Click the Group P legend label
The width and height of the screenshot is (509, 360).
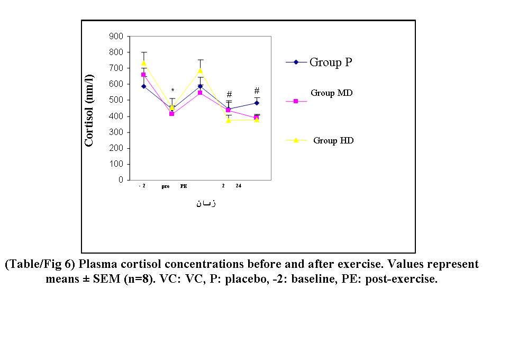(331, 62)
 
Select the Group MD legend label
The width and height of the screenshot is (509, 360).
(332, 93)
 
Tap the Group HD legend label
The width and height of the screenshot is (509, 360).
(333, 141)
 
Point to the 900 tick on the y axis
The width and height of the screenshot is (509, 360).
(117, 37)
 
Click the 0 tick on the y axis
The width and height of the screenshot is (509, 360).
(121, 180)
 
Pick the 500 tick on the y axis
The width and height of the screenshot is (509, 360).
(117, 100)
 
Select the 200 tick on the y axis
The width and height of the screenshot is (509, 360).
(117, 148)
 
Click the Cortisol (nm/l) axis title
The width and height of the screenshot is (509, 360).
(89, 109)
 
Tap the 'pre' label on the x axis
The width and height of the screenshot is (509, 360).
(166, 186)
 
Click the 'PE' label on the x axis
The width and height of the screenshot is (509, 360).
(184, 186)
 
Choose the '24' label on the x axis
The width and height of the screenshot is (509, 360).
(239, 186)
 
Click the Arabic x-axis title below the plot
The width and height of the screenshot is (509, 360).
(206, 203)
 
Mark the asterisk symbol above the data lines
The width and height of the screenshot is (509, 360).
(172, 91)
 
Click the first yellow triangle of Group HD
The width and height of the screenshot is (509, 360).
(143, 63)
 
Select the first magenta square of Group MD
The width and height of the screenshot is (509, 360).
(143, 75)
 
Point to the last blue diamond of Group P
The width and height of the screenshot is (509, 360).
(257, 103)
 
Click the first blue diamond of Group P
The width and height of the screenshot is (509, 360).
(143, 86)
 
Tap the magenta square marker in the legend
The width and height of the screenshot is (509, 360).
(296, 101)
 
